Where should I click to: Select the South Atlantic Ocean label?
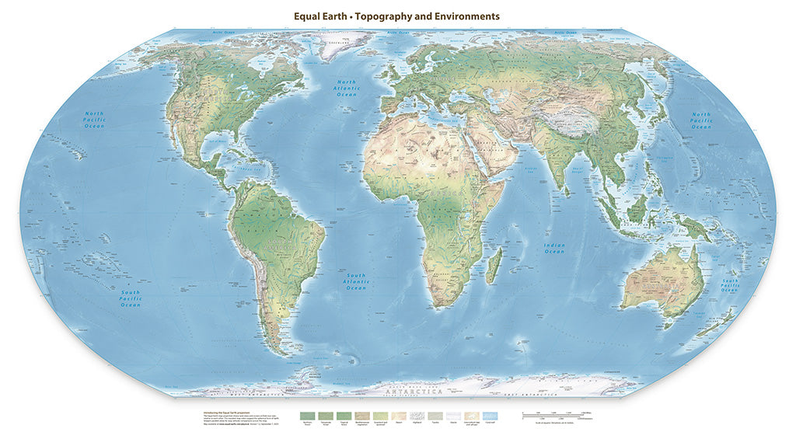[356, 281]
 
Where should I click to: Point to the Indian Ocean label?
[554, 249]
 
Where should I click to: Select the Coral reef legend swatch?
[490, 416]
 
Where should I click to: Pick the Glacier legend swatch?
[453, 416]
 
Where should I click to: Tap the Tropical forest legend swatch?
[342, 416]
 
